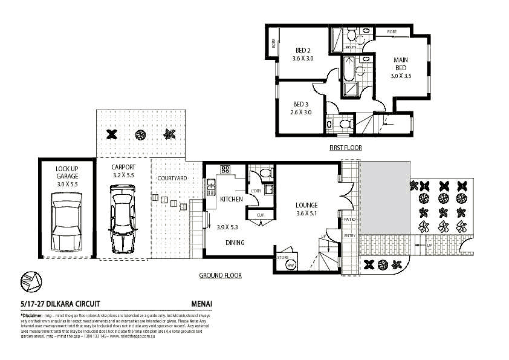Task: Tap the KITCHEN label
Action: pyautogui.click(x=231, y=199)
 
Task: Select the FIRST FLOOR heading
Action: pyautogui.click(x=345, y=147)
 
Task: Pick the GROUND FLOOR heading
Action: pyautogui.click(x=221, y=275)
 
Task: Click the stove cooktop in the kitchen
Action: pyautogui.click(x=225, y=169)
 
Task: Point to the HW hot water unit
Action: pyautogui.click(x=290, y=265)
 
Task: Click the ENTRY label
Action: pyautogui.click(x=350, y=236)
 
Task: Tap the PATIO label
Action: pyautogui.click(x=350, y=220)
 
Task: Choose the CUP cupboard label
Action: pyautogui.click(x=261, y=215)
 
